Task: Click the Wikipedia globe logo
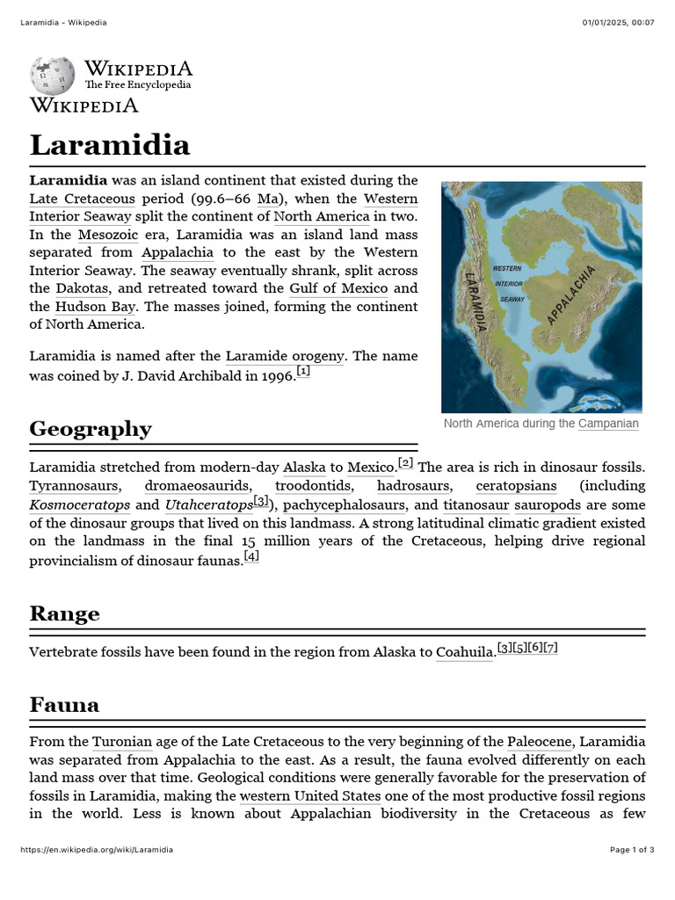pos(53,76)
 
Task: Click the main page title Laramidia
pos(109,145)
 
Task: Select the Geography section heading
pos(90,429)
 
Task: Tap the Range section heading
pos(64,613)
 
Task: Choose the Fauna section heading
pos(64,705)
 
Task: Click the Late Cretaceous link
pos(82,199)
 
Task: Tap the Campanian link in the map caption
pos(608,424)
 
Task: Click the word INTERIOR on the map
pos(510,283)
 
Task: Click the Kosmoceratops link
pos(79,504)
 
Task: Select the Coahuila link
pos(465,652)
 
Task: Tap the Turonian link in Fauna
pos(122,742)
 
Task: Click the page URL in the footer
pos(96,850)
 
